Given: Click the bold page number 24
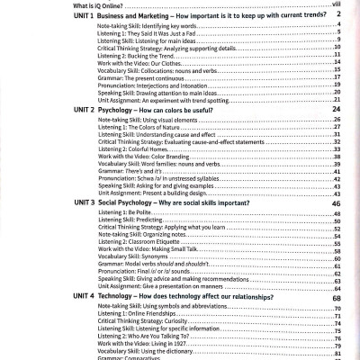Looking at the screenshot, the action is [335, 133].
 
